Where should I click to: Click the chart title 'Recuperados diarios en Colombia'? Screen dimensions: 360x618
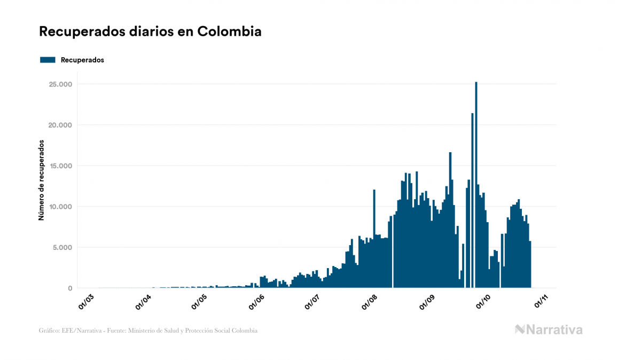(150, 32)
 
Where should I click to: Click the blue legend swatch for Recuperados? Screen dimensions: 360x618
(48, 60)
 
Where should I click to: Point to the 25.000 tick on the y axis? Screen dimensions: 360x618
(60, 84)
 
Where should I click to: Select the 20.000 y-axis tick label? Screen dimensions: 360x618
(60, 125)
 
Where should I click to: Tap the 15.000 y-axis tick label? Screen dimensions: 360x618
(60, 166)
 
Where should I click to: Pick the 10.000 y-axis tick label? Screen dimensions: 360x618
(60, 207)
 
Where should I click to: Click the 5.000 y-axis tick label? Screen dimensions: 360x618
(62, 247)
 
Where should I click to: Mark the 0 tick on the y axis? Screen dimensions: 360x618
(69, 288)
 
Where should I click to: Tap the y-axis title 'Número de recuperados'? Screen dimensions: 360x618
(41, 181)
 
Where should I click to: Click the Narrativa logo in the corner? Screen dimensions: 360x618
(549, 330)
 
